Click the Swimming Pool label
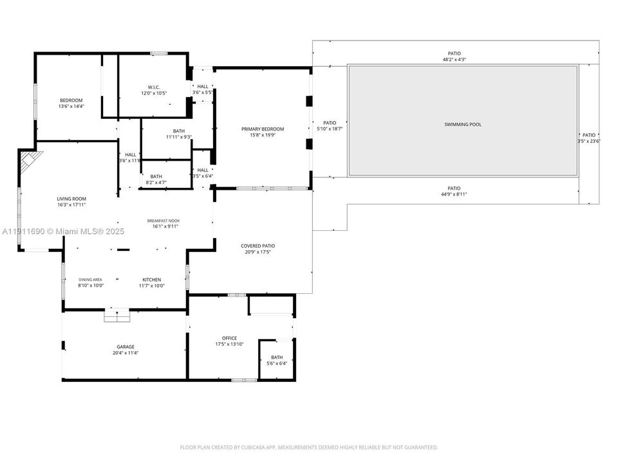coord(462,124)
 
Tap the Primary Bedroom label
coord(263,129)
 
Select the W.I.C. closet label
coord(153,87)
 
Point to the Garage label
coord(126,347)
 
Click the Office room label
coord(229,338)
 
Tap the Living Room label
coord(71,199)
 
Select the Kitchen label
coord(152,280)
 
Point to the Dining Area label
coord(91,280)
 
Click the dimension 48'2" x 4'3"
coord(454,60)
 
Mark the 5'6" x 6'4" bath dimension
coord(277,363)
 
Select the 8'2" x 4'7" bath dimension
coord(156,183)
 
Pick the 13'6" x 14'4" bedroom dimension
coord(71,106)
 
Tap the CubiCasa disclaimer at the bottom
coord(309,447)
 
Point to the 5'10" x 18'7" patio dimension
coord(330,129)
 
